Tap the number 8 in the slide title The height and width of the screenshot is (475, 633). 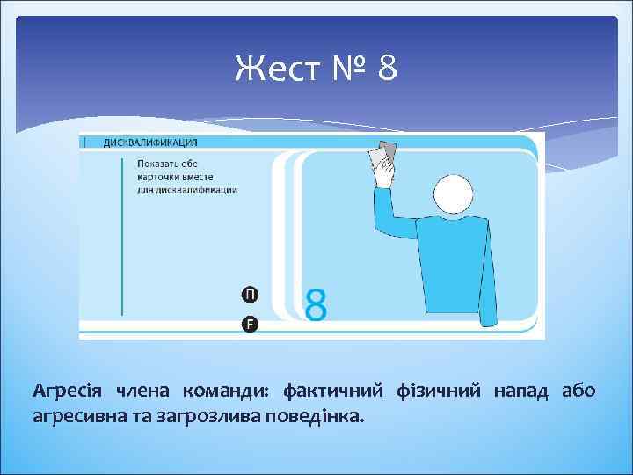(x=387, y=69)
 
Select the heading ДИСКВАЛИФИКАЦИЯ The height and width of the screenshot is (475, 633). (x=150, y=142)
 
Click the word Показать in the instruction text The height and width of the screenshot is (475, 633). (x=159, y=163)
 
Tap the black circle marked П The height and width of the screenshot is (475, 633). (x=250, y=294)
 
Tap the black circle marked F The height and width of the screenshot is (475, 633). (x=250, y=325)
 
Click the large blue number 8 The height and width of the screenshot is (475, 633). (x=316, y=305)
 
